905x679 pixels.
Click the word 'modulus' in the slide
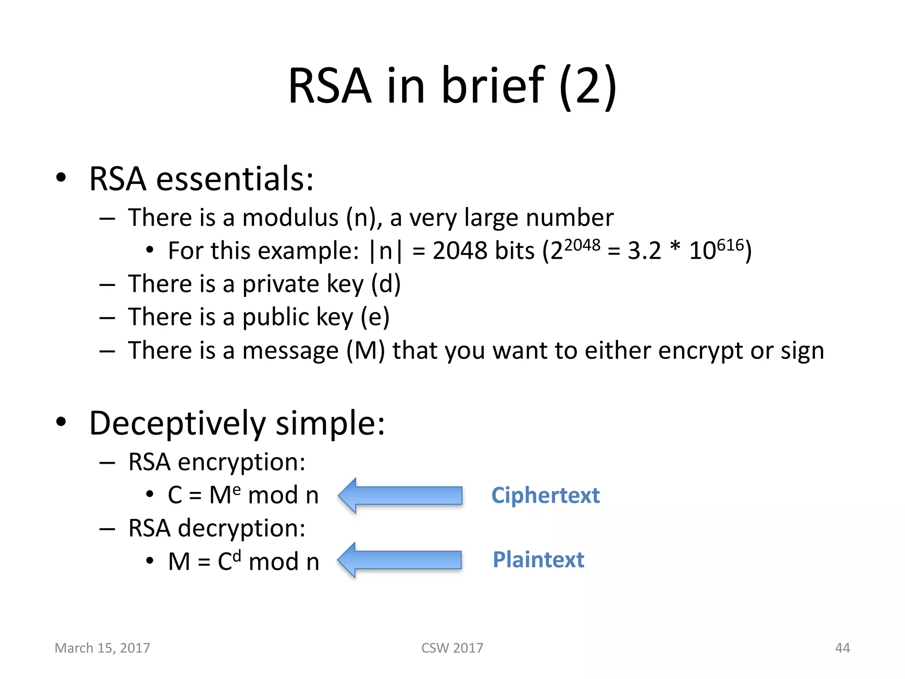[290, 217]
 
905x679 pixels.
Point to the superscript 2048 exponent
[582, 244]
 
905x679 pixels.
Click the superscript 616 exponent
[730, 244]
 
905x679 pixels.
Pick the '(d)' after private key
[386, 284]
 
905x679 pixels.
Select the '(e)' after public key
[375, 317]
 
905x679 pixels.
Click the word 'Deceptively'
[178, 423]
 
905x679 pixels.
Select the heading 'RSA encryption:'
[217, 462]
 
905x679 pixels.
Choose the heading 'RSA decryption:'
[217, 529]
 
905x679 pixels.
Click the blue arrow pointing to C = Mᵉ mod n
[400, 495]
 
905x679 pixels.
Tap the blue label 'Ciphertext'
[545, 495]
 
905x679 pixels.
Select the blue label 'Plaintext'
[538, 560]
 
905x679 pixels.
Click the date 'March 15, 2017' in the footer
[102, 648]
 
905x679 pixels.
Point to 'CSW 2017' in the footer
[452, 648]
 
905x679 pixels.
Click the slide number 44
[842, 648]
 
